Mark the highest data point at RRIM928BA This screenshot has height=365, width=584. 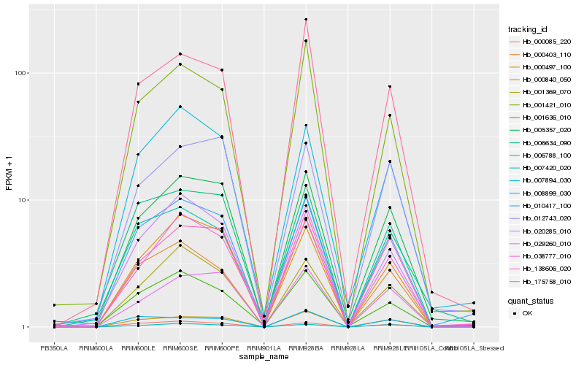[306, 19]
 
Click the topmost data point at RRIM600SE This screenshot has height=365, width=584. [180, 53]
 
